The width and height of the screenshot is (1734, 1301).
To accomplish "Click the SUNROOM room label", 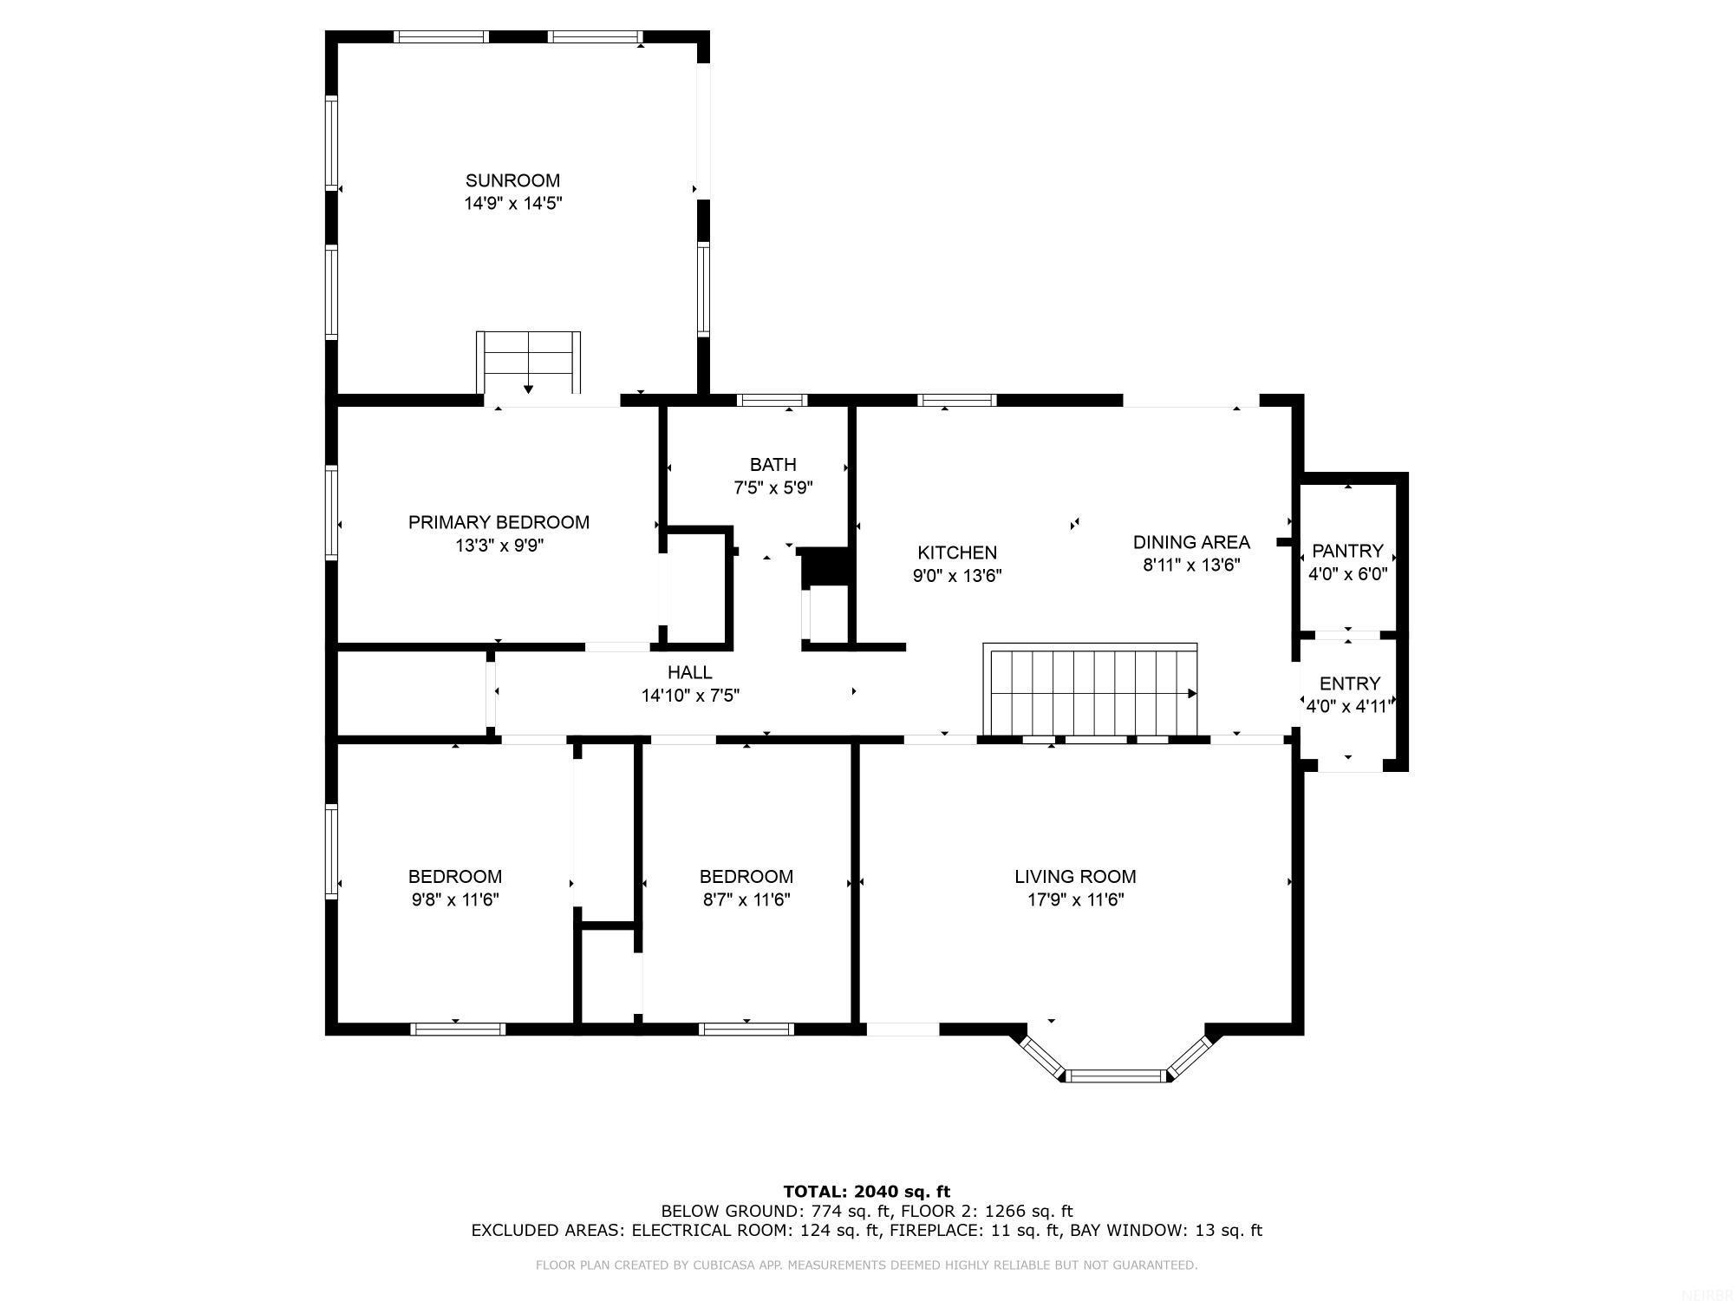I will [x=512, y=180].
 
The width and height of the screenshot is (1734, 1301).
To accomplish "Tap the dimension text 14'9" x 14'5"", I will [x=512, y=204].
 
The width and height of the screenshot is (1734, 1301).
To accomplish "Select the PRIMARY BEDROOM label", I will [x=499, y=522].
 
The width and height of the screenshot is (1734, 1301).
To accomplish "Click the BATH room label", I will [x=772, y=465].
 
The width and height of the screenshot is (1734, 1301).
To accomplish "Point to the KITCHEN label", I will [x=957, y=552].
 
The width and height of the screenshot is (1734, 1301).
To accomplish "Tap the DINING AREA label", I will [x=1191, y=542].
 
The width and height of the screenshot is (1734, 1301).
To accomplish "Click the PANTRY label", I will [x=1347, y=551].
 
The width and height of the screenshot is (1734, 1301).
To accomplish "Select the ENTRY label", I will [x=1349, y=683].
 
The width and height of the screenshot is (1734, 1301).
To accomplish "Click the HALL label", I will [x=690, y=672].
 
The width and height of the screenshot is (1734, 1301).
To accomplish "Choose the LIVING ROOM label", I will [x=1075, y=877].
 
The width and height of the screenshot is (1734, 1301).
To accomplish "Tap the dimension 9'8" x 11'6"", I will [x=455, y=900].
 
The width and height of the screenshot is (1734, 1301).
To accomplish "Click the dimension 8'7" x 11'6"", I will [x=746, y=900].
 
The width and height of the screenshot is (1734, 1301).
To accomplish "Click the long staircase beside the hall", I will [x=1091, y=691].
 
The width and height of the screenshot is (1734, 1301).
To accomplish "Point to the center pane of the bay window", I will [x=1115, y=1076].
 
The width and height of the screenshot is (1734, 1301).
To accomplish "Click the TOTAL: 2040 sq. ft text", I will [x=867, y=1192].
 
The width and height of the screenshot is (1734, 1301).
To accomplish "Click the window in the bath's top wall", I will [x=772, y=400].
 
